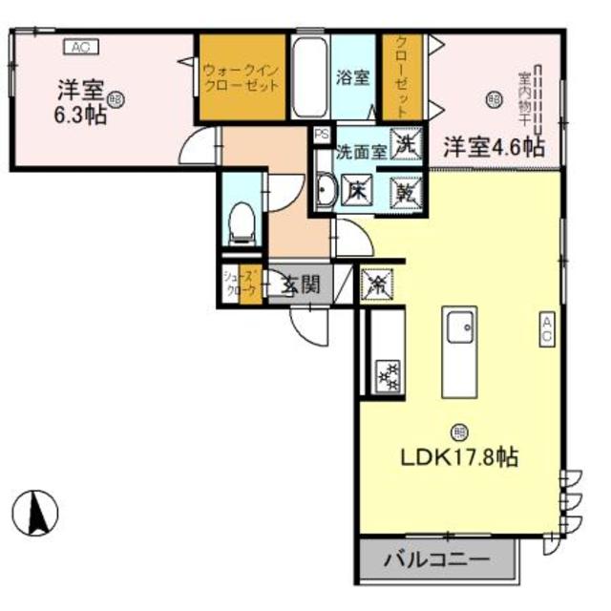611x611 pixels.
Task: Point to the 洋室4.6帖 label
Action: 494,147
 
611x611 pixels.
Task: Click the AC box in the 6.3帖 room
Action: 80,46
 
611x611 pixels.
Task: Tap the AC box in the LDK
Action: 547,331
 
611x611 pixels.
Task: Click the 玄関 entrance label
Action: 300,284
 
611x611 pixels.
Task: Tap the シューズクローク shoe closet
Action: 240,284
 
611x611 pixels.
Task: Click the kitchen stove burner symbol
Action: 388,376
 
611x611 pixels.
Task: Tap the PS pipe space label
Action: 321,135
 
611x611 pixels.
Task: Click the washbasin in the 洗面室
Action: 324,194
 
